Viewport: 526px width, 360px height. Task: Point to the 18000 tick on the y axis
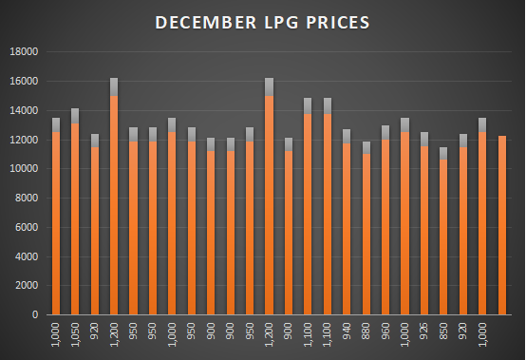click(x=23, y=52)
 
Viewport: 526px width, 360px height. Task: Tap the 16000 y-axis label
click(x=23, y=82)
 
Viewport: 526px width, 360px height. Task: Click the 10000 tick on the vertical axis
click(x=23, y=169)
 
